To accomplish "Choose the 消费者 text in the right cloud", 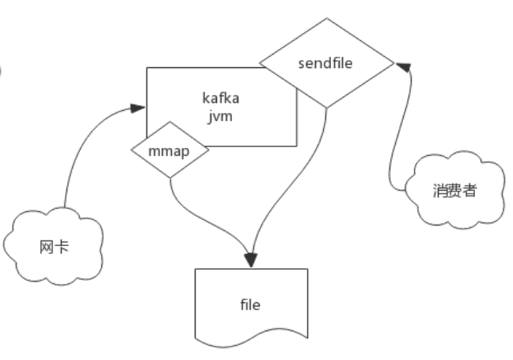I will coord(455,191).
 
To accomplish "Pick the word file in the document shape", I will coord(250,304).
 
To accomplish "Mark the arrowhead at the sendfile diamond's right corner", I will coord(402,65).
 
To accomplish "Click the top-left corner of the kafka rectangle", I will coord(147,68).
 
